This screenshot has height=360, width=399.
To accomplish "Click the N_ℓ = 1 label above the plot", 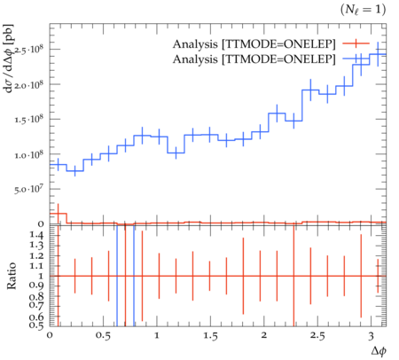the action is (x=363, y=10).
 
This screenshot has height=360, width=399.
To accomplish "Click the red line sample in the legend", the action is (x=356, y=43).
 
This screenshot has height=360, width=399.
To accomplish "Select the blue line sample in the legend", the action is (x=356, y=59).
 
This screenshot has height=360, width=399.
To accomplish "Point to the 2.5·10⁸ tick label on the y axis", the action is (x=28, y=50).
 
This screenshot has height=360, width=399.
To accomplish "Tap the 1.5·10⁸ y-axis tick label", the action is (x=28, y=119).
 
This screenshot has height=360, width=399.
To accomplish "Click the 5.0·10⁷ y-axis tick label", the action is (x=28, y=189).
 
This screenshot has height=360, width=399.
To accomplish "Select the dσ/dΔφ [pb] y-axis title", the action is (x=9, y=59).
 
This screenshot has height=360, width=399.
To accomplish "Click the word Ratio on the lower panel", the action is (x=12, y=276).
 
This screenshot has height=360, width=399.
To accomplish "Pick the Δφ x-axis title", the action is (x=379, y=351).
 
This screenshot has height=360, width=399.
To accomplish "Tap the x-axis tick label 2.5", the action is (x=317, y=336).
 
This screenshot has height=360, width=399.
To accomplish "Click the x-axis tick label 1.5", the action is (x=210, y=336).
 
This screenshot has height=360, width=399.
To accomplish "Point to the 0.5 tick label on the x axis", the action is (x=103, y=336).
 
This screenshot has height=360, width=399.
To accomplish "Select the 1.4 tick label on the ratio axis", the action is (x=36, y=235).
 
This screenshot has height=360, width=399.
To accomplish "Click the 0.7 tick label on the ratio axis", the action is (x=36, y=304).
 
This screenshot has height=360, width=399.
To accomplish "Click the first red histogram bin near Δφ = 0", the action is (x=59, y=214).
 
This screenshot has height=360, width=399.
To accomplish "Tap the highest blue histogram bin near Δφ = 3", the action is (x=378, y=54).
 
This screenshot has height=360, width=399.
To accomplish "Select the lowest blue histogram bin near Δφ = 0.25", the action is (x=75, y=171).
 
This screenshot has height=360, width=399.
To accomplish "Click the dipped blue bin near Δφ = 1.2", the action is (x=176, y=153).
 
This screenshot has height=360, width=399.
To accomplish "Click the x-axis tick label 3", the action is (x=371, y=336).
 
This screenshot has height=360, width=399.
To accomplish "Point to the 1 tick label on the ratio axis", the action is (x=41, y=276).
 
